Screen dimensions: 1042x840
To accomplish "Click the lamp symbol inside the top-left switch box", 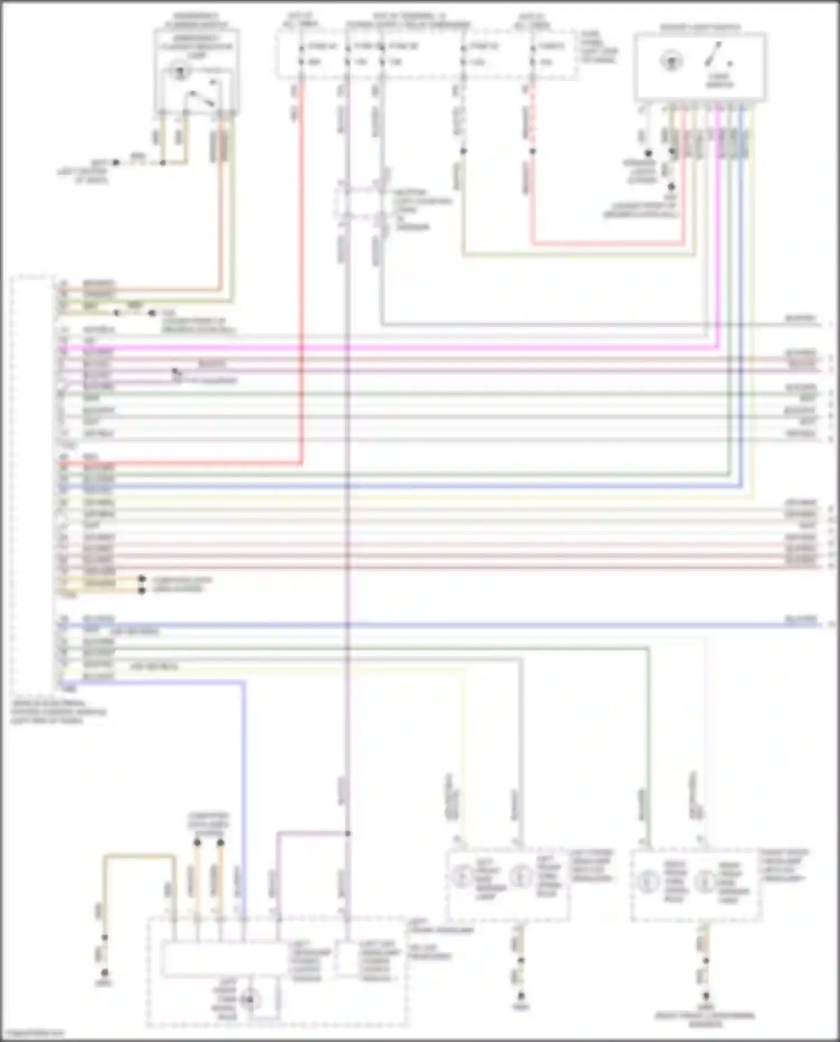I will (180, 72).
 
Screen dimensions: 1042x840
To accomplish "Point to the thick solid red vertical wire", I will (302, 280).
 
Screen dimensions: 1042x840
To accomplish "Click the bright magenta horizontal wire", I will (392, 348).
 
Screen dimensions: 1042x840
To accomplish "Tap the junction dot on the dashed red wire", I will (533, 151).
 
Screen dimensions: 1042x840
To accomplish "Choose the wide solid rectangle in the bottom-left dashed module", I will (224, 958).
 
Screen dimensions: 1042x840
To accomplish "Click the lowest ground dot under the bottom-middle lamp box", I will (521, 996).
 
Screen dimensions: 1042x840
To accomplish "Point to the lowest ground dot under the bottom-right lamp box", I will (706, 996).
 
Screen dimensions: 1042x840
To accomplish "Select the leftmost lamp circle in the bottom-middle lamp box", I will (463, 875).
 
